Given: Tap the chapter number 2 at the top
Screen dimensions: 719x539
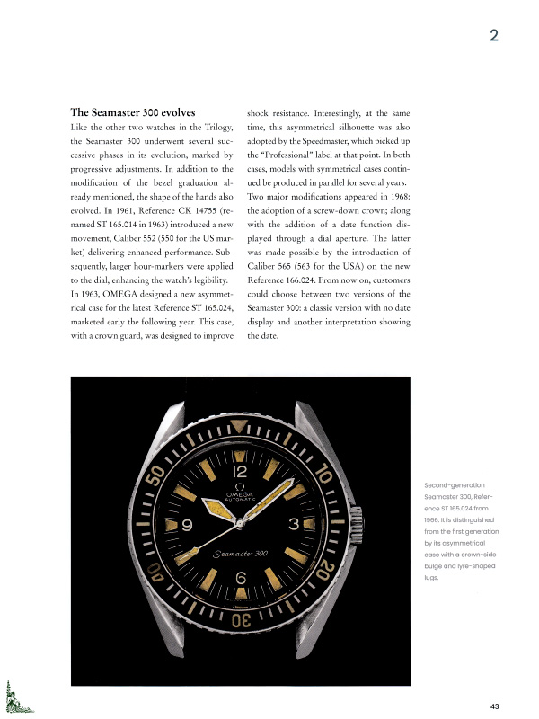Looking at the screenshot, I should click(494, 37).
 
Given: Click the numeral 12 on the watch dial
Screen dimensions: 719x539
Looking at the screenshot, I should click(241, 470).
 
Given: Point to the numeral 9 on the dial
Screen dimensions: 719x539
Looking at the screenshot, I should click(187, 525).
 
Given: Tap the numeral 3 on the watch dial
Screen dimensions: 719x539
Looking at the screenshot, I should click(294, 523).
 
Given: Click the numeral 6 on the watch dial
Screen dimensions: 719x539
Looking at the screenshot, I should click(241, 577).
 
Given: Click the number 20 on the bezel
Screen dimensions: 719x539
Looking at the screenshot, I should click(328, 576).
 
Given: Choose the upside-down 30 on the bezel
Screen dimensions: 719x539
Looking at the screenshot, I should click(241, 620).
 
